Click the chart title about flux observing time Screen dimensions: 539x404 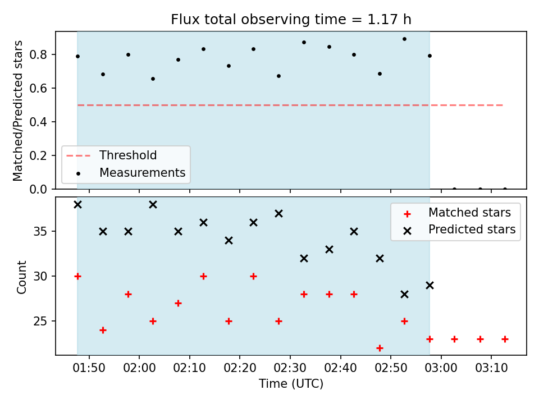[x=291, y=19]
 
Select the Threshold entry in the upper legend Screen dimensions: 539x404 [x=111, y=155]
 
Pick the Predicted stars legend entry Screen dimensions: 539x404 [x=459, y=229]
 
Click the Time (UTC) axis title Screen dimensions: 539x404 [x=291, y=383]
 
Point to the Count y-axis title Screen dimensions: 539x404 [x=21, y=277]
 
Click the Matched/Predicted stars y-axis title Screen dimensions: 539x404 [x=17, y=111]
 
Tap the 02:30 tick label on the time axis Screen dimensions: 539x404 [x=290, y=368]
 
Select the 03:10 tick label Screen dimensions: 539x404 [x=491, y=368]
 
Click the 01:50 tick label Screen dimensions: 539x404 [x=89, y=368]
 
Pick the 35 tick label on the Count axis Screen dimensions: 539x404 [x=40, y=231]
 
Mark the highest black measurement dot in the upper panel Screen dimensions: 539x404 [x=405, y=39]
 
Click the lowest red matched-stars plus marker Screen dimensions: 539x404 [x=380, y=348]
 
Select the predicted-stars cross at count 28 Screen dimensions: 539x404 [x=405, y=295]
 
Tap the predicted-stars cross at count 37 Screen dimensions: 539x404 [x=279, y=214]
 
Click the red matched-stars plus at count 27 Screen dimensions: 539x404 [x=178, y=304]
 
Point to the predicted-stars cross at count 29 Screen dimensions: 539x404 [x=430, y=286]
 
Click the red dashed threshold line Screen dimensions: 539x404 [x=290, y=105]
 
